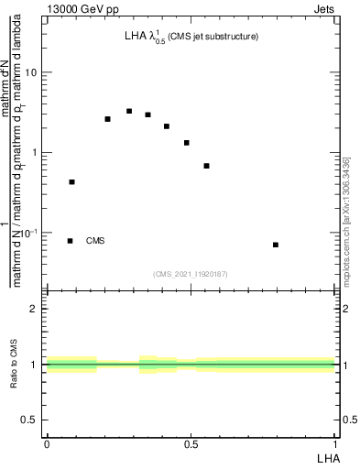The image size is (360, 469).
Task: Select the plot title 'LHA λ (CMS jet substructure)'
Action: coord(191,38)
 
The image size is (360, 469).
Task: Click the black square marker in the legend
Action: coord(71,241)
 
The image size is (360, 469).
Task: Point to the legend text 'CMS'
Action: coord(95,241)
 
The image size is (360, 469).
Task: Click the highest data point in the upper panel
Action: coord(129,111)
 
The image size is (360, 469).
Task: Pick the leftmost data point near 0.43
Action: coord(71,182)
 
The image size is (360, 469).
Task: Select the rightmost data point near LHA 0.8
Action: coord(276,245)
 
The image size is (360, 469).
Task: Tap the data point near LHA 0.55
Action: coord(206,166)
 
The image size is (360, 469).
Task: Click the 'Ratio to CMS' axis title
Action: coord(14,364)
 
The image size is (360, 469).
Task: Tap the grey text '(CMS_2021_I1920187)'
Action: coord(191,273)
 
